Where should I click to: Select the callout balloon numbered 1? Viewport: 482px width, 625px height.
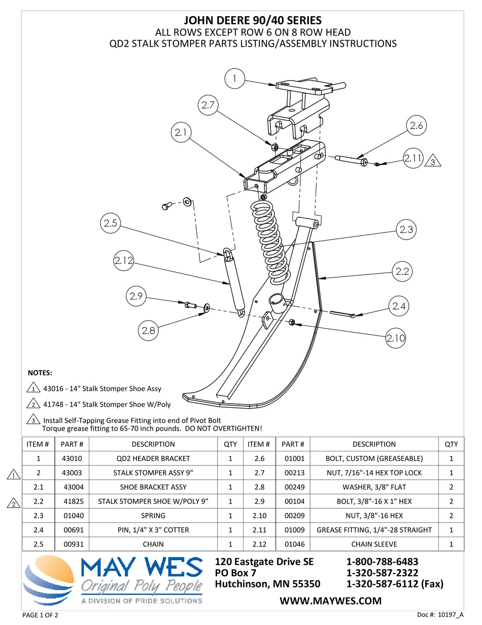coord(234,79)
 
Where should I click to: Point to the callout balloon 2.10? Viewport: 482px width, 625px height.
coord(395,338)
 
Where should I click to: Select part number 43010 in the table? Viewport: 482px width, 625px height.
coord(72,458)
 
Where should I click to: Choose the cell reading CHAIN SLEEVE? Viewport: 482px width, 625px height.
coord(374,544)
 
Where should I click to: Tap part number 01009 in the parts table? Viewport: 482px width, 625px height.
coord(293,530)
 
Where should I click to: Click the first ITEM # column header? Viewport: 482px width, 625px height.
coord(38,444)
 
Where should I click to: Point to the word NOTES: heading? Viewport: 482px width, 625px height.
coord(40,373)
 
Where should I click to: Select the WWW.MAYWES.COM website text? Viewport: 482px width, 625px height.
coord(330,601)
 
